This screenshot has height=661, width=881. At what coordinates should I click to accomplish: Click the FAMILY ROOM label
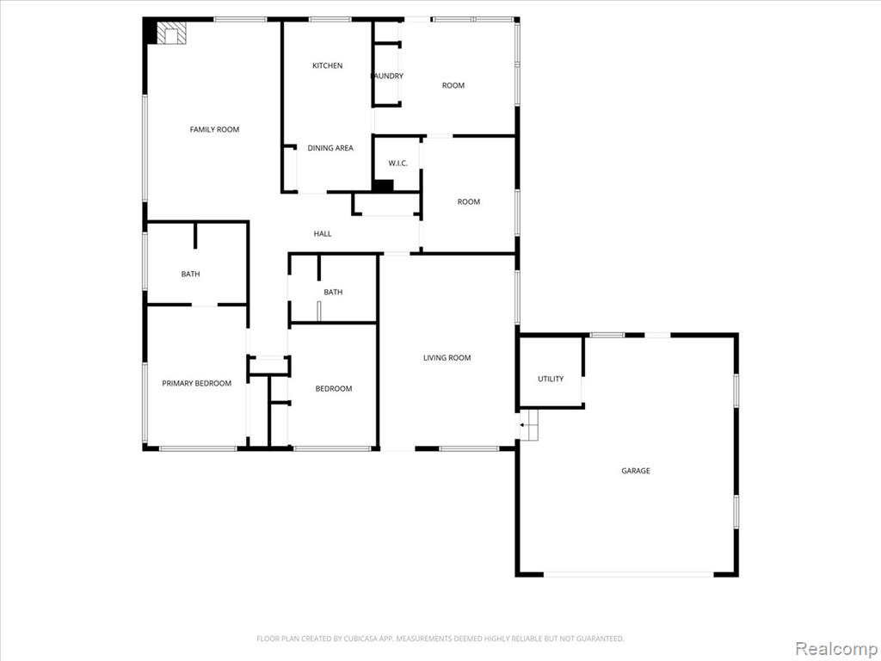pyautogui.click(x=214, y=129)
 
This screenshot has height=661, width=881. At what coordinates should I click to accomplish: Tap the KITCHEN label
pyautogui.click(x=327, y=65)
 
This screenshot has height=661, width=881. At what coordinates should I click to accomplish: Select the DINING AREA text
pyautogui.click(x=330, y=148)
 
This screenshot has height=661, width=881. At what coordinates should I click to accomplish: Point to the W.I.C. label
pyautogui.click(x=397, y=164)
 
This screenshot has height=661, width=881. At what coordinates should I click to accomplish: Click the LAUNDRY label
pyautogui.click(x=388, y=76)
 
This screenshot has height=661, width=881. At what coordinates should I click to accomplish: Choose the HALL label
pyautogui.click(x=322, y=234)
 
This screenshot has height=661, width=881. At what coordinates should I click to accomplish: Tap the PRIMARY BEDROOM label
pyautogui.click(x=197, y=383)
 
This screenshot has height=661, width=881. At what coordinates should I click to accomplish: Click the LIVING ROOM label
pyautogui.click(x=447, y=357)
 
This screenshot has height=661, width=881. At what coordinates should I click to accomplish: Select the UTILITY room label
pyautogui.click(x=551, y=379)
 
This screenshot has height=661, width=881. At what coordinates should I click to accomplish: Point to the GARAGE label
pyautogui.click(x=636, y=471)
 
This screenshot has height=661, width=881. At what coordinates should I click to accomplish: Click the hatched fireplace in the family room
pyautogui.click(x=171, y=33)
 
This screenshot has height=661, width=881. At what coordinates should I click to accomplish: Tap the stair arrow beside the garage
pyautogui.click(x=525, y=425)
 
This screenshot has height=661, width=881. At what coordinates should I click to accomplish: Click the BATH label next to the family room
pyautogui.click(x=190, y=275)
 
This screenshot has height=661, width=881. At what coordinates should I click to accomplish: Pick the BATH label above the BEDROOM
pyautogui.click(x=333, y=293)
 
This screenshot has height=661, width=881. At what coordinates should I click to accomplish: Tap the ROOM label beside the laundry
pyautogui.click(x=453, y=85)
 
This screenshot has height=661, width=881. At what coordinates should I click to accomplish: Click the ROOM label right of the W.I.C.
pyautogui.click(x=469, y=201)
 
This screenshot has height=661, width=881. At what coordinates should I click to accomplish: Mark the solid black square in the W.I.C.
pyautogui.click(x=383, y=186)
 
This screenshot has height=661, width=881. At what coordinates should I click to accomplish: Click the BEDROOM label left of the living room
pyautogui.click(x=333, y=388)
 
